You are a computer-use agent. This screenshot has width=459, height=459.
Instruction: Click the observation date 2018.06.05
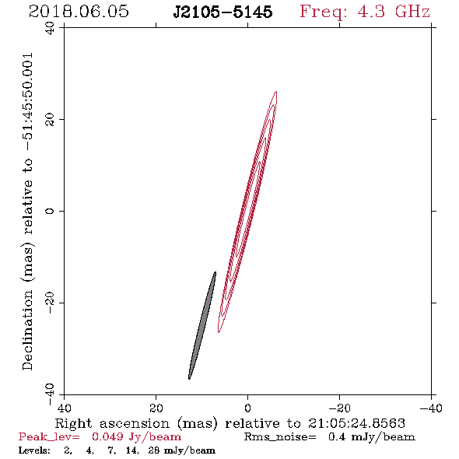79,12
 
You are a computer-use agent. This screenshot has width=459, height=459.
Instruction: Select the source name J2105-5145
222,12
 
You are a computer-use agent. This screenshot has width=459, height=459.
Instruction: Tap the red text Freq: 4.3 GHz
365,12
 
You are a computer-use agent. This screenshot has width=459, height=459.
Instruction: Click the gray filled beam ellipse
202,325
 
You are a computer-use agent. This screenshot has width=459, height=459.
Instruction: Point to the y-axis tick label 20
50,120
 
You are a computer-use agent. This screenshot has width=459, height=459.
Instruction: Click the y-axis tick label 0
50,211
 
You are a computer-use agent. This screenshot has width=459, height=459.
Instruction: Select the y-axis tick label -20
50,303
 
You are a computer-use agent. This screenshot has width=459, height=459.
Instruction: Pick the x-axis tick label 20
156,408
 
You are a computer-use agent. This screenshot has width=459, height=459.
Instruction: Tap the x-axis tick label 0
248,408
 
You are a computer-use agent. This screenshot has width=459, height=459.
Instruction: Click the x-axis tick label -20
339,408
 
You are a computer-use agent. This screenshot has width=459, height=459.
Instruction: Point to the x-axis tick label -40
431,408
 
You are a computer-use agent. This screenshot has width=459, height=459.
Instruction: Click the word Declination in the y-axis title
27,330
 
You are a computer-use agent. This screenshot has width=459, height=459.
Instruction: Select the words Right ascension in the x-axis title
112,423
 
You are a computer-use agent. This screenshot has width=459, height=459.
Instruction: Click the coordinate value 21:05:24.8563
356,423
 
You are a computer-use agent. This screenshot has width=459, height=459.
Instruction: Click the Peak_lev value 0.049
107,437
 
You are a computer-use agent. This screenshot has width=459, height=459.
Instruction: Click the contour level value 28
154,450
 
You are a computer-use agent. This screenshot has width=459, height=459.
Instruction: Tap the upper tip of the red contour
276,92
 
